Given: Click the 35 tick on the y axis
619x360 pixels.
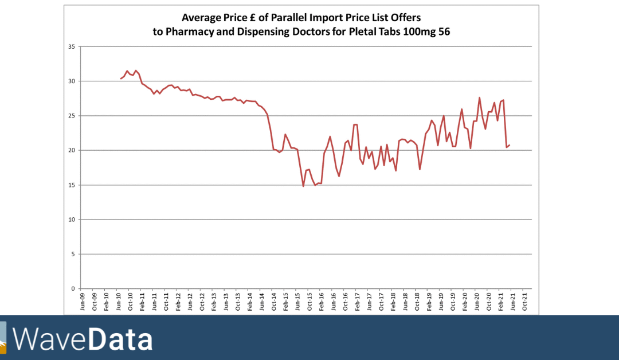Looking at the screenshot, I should tap(71, 46).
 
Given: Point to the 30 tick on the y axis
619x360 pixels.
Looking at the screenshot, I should tap(71, 81).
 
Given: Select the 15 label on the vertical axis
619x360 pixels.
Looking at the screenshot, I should tap(71, 185).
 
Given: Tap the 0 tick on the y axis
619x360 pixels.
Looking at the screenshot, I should tap(72, 289).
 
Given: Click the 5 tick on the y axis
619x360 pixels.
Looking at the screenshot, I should tap(72, 255).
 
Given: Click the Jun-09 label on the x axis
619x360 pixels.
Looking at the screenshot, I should tap(83, 302).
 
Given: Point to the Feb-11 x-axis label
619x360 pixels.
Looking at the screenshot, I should tap(143, 302).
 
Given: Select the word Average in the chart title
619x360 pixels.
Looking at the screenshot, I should tap(200, 17).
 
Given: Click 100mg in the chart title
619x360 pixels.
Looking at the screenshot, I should tap(419, 32).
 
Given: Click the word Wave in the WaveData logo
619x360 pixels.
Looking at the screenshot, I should tap(50, 339).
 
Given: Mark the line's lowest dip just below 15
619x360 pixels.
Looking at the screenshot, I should tap(303, 186).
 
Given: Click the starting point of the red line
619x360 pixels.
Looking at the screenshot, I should tap(120, 79).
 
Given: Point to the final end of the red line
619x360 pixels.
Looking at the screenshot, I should tap(510, 145).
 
